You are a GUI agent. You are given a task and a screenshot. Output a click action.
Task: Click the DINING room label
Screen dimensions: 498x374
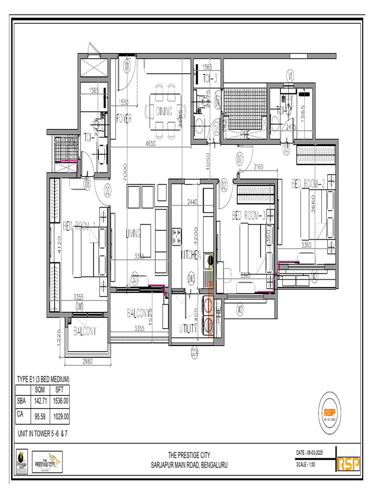coord(164,111)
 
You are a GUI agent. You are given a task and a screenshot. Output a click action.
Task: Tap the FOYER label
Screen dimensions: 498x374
coord(124,118)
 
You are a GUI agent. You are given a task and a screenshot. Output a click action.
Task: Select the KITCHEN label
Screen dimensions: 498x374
coord(190,255)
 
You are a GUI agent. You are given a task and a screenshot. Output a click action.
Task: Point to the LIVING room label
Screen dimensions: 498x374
coord(133,233)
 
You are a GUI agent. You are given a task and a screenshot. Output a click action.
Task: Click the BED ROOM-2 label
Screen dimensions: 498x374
coord(308,183)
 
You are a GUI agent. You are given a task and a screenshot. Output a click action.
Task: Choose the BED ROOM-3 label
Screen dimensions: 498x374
coord(248,215)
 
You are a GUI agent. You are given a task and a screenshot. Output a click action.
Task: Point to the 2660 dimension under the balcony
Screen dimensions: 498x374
coord(88,361)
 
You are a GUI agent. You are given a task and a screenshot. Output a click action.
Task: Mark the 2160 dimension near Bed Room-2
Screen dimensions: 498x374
coord(258,167)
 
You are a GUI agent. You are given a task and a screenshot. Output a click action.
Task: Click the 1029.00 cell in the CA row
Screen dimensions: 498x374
coord(61,417)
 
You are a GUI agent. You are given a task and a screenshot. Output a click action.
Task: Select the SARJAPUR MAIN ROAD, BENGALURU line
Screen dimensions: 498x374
coord(189,465)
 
